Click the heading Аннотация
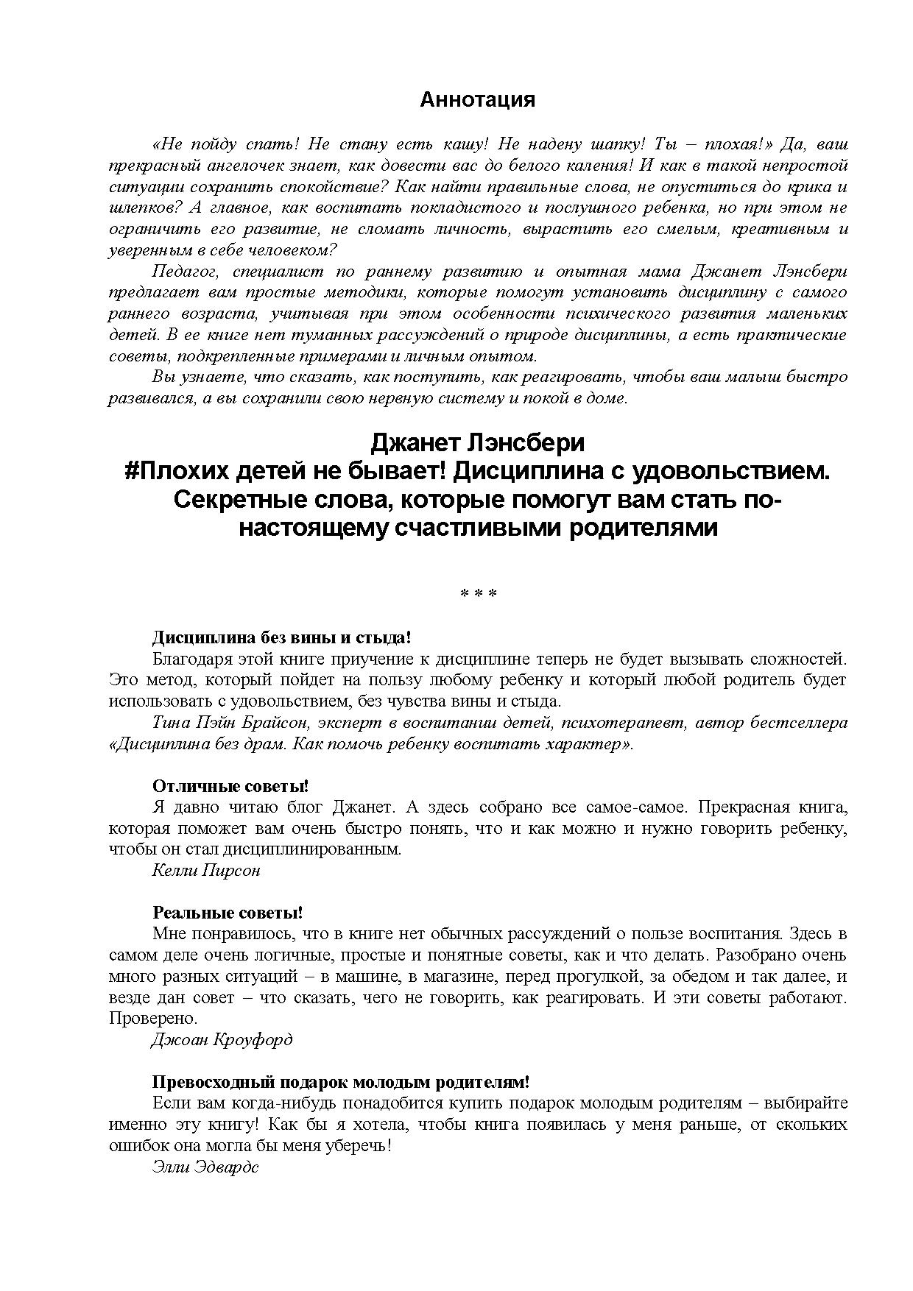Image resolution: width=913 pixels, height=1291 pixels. click(x=477, y=100)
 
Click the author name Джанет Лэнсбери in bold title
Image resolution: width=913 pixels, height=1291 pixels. click(x=477, y=442)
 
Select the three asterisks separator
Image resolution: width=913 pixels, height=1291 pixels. click(x=478, y=593)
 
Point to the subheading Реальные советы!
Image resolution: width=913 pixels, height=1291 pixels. click(x=228, y=913)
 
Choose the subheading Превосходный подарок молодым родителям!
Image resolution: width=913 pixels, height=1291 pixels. click(x=341, y=1083)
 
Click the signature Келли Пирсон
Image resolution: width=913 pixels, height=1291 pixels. click(x=206, y=871)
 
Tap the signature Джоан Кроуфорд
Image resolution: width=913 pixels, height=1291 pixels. click(x=222, y=1040)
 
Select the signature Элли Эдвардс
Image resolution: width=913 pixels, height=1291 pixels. click(x=205, y=1167)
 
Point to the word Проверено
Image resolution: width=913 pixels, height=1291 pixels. click(x=153, y=1019)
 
